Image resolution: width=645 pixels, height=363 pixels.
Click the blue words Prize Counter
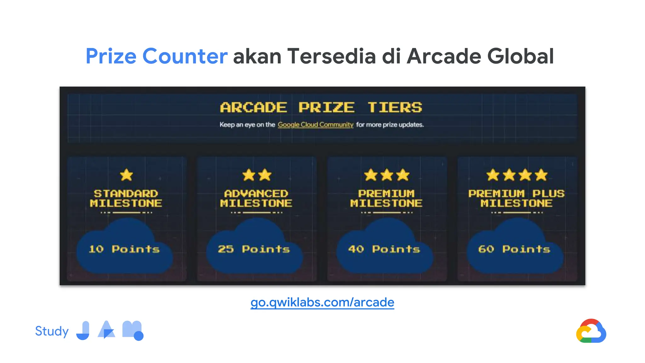[x=156, y=56]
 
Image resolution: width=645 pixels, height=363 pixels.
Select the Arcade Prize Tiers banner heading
[x=321, y=107]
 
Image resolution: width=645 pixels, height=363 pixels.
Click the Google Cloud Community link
[x=315, y=125]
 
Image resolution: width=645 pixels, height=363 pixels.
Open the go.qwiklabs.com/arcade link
[x=322, y=302]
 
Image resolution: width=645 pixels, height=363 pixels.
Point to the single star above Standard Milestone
[x=127, y=175]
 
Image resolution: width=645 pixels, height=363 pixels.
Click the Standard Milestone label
[x=126, y=198]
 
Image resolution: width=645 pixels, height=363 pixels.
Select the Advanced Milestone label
[x=256, y=198]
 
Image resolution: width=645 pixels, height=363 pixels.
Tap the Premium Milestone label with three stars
[x=386, y=198]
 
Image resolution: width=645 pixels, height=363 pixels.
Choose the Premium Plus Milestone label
[x=517, y=198]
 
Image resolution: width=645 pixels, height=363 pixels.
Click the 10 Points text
[x=124, y=249]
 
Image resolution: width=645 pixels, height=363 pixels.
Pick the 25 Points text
[x=254, y=249]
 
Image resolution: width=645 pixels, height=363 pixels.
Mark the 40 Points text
[x=384, y=249]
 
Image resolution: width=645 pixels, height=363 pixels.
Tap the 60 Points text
[x=514, y=249]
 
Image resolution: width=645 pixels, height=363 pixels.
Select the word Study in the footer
[x=52, y=331]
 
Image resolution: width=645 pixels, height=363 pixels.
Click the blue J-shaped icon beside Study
[x=83, y=331]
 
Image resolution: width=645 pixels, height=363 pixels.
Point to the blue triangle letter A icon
[x=106, y=330]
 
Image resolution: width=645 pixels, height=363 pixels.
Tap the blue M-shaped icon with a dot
[x=133, y=331]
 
